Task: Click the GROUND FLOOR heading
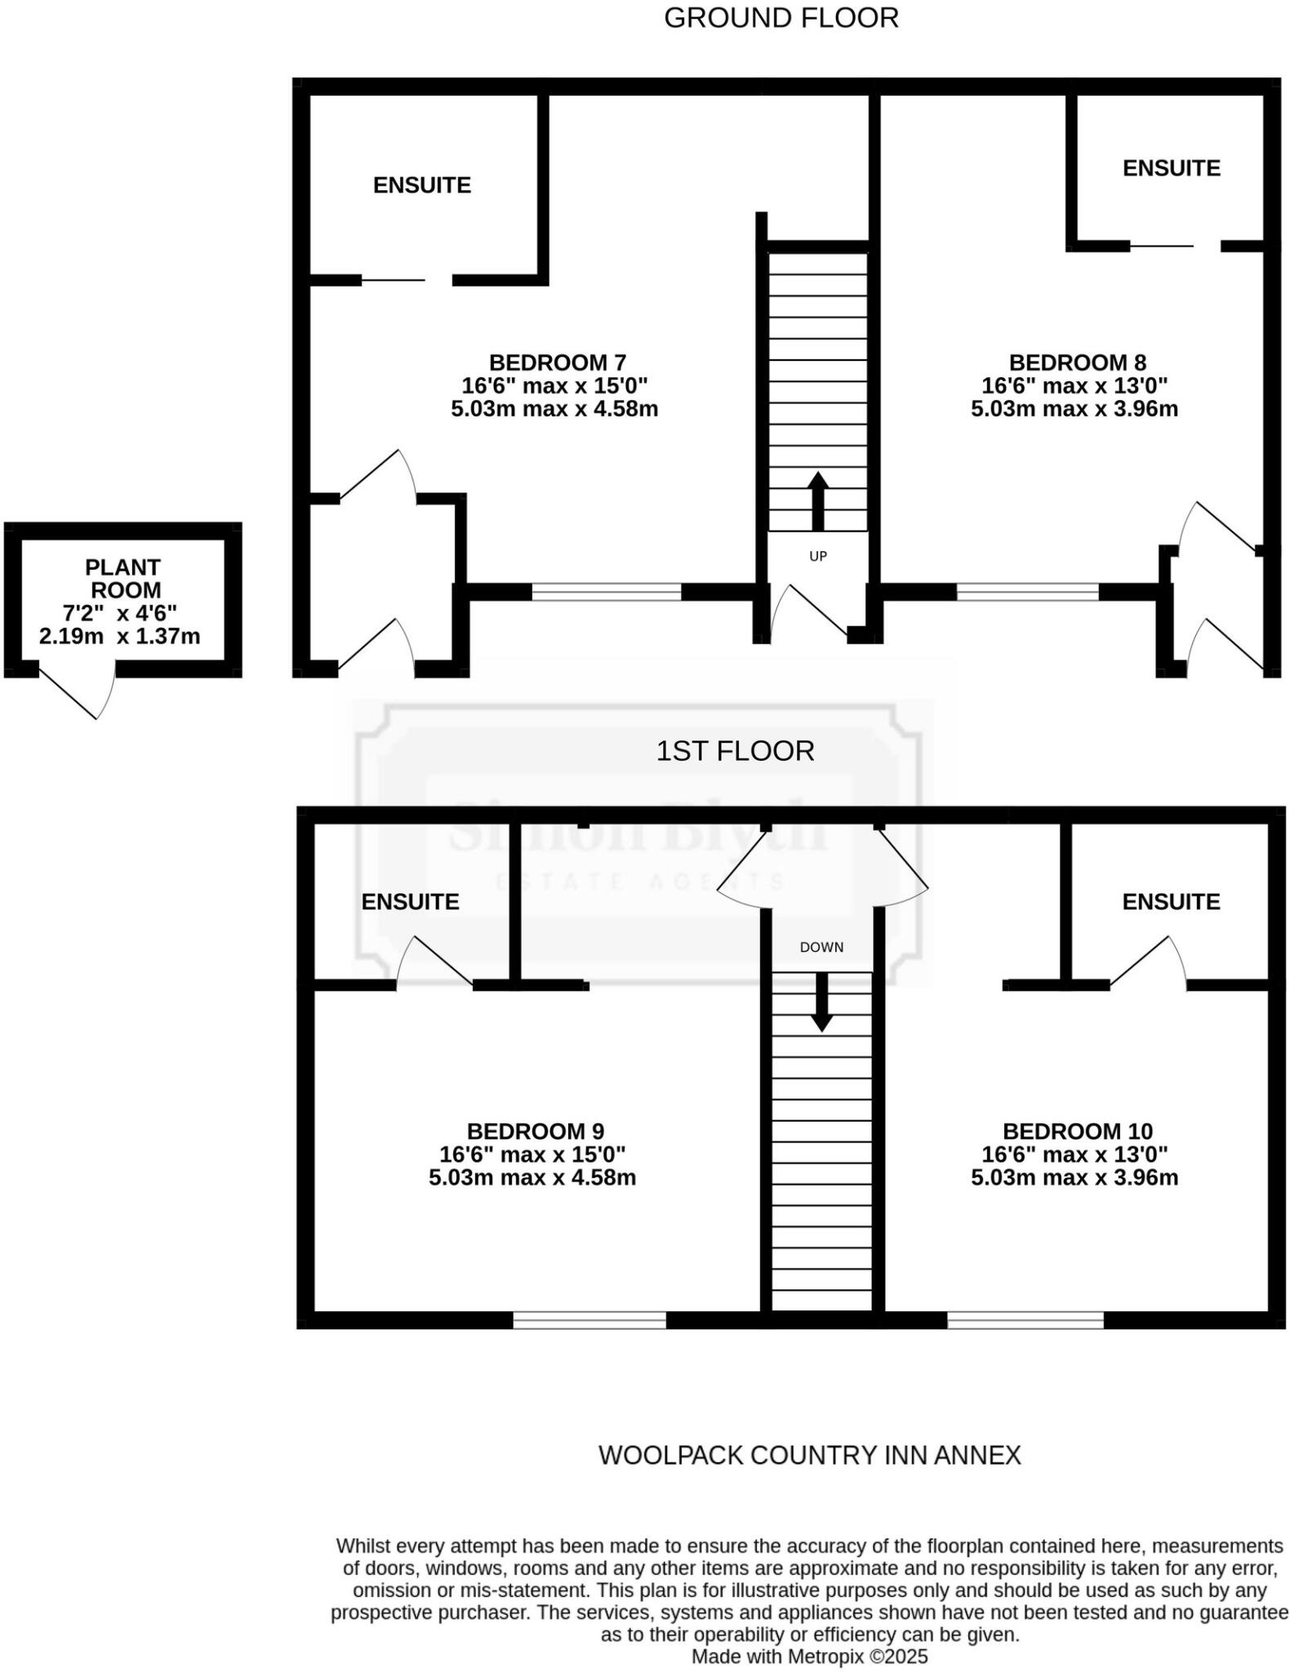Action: (781, 18)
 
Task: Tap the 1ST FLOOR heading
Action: (735, 751)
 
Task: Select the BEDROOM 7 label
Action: (557, 362)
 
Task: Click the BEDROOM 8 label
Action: (1077, 362)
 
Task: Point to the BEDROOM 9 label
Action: (535, 1132)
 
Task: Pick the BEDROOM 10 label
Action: (1077, 1132)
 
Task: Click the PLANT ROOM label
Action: (122, 578)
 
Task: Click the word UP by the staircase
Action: (817, 556)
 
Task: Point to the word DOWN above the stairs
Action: (821, 947)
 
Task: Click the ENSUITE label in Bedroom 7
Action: (421, 185)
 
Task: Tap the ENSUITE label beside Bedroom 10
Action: (1170, 901)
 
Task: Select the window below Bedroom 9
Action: (589, 1320)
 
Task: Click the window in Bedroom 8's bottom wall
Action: (1027, 592)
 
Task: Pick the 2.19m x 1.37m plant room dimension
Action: (119, 636)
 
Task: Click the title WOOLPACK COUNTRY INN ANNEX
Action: (809, 1455)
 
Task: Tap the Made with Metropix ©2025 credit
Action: (809, 1656)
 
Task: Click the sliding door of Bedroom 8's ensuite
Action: (1162, 245)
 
